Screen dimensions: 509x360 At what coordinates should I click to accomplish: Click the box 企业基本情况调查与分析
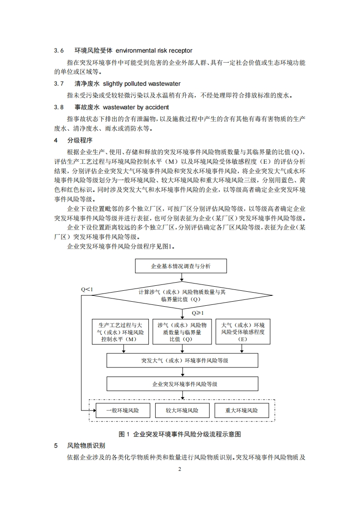coord(181,266)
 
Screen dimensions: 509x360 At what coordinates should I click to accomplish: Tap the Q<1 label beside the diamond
coord(87,289)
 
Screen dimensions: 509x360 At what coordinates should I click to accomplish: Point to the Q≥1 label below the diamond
coord(197,313)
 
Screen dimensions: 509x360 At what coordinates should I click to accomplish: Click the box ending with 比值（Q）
coord(182,332)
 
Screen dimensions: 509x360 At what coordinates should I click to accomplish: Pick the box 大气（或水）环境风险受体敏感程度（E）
coord(242,332)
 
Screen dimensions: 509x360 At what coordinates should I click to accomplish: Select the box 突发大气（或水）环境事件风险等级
coord(182,361)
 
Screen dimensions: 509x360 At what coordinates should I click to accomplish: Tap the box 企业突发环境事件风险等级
coord(182,384)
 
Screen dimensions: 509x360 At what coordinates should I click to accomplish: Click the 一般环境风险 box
coord(123,411)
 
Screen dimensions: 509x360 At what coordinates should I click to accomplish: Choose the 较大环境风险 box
coord(182,411)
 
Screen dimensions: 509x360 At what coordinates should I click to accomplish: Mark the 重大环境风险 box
coord(242,411)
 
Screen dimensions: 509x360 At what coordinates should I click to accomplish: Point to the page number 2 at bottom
coord(180,469)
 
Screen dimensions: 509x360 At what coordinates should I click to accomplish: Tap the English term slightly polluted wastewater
coord(142,84)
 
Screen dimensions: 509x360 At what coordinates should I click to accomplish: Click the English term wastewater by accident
coord(136,108)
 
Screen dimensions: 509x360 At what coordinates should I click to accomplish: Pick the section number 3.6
coord(59,50)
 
